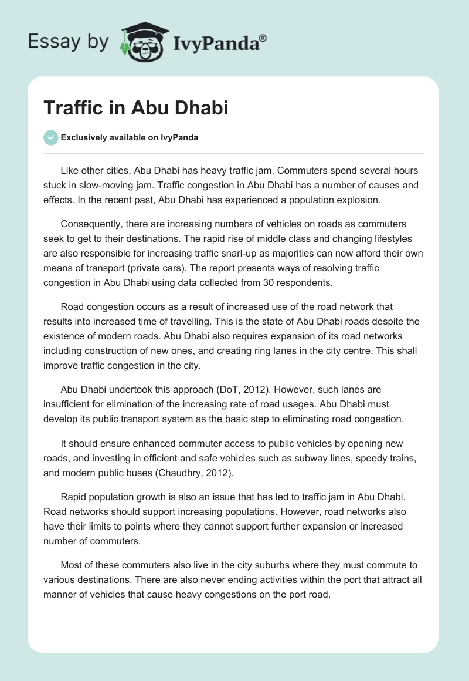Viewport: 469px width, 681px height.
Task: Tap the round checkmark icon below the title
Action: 50,137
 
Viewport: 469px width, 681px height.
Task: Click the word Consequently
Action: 97,224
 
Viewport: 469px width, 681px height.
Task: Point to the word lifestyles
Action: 386,239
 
